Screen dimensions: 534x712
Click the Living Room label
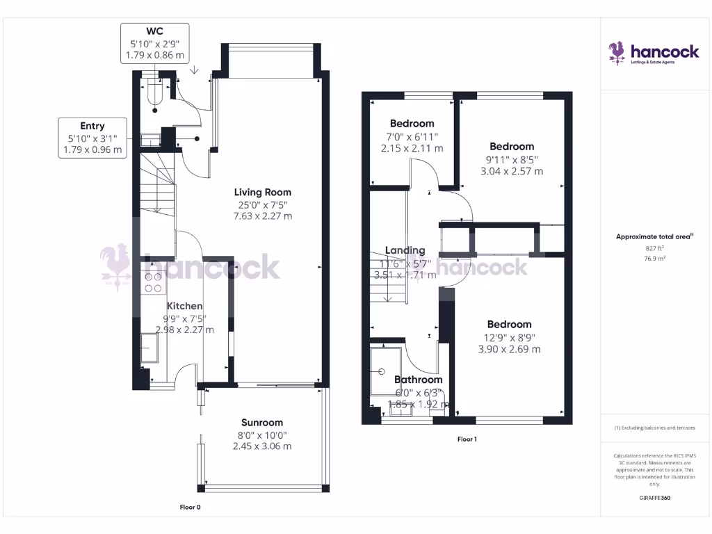point(262,192)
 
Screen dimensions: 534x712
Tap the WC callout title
point(156,31)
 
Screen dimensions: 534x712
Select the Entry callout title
point(92,126)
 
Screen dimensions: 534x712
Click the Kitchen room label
point(184,306)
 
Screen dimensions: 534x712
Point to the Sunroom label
point(262,422)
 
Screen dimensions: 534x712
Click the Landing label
point(405,250)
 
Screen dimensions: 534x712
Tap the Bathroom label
point(418,380)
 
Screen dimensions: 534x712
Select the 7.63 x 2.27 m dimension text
point(262,216)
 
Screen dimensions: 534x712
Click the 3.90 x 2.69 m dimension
point(509,349)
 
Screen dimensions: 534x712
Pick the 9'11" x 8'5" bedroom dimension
point(512,159)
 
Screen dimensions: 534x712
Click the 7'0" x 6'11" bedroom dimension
point(412,136)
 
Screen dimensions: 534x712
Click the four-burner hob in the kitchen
point(153,282)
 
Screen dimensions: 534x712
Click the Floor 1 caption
point(467,439)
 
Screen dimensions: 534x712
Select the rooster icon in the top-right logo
point(617,52)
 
